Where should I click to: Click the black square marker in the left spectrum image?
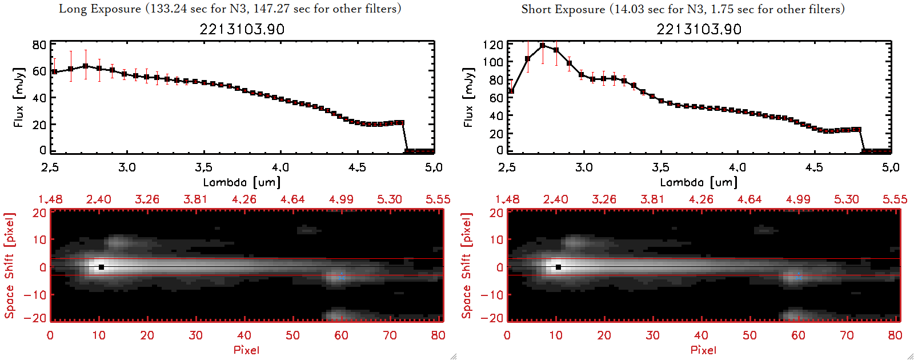(101, 267)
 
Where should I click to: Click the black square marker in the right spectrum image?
(558, 267)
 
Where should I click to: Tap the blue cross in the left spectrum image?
(342, 277)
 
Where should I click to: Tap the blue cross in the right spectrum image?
(799, 277)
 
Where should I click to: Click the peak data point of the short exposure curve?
(542, 46)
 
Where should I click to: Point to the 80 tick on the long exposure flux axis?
(39, 45)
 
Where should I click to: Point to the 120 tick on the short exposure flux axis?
(492, 45)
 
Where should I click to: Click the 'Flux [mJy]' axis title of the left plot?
(19, 97)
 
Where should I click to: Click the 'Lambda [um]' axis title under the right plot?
(699, 182)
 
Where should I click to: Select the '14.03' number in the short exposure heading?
(629, 9)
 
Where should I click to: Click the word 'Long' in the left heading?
(73, 9)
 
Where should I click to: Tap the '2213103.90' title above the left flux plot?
(242, 29)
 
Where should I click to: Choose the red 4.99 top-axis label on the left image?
(341, 199)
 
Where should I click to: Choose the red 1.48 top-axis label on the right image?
(507, 199)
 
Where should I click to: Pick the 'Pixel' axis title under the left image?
(246, 350)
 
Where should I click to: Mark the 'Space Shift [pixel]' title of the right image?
(467, 266)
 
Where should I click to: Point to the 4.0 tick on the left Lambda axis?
(280, 167)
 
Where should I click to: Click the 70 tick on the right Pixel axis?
(847, 335)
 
